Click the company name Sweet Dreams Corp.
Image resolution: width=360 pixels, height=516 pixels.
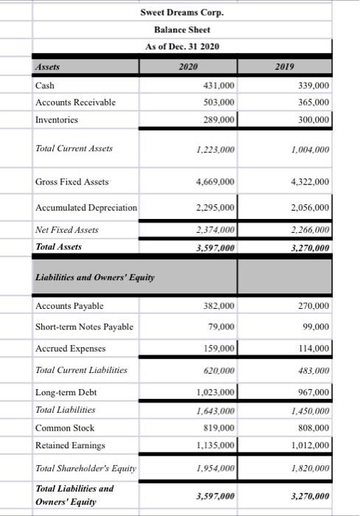(x=181, y=13)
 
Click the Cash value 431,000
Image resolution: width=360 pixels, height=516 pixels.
(x=218, y=86)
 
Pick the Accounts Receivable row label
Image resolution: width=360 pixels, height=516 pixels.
(x=75, y=102)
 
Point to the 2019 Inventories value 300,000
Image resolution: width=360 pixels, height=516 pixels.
(x=312, y=119)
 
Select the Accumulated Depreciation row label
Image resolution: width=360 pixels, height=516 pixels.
(x=86, y=207)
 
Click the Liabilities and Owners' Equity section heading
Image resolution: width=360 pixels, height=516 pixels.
(x=86, y=277)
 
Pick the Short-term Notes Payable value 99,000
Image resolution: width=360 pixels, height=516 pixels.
(x=315, y=327)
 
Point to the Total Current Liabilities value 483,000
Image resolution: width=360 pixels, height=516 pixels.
(x=313, y=370)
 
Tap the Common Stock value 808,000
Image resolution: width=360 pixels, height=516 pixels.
(x=312, y=428)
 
